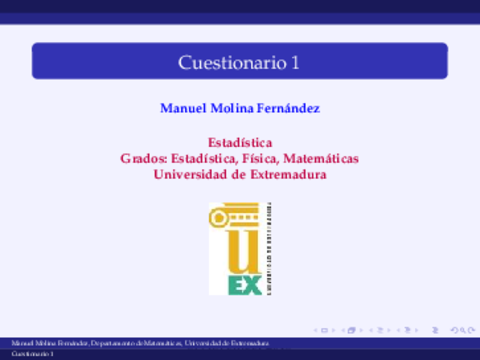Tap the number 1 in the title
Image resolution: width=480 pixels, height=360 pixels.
(x=296, y=62)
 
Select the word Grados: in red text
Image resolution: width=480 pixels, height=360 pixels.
(x=143, y=159)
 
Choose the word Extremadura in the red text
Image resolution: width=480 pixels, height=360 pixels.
(x=289, y=174)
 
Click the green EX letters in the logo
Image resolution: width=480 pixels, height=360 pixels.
(x=245, y=286)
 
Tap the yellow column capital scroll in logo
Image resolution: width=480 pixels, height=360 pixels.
(x=238, y=212)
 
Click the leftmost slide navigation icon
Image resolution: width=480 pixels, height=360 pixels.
(x=318, y=328)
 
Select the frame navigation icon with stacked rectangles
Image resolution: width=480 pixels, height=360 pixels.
(x=349, y=328)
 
